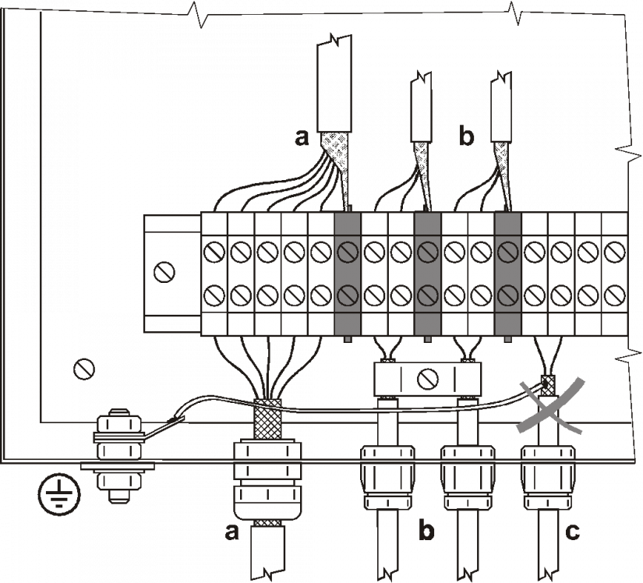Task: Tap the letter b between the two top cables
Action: [x=466, y=138]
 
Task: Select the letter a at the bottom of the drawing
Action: [x=231, y=532]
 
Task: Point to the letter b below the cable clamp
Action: [x=426, y=532]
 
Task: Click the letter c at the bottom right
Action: [x=572, y=532]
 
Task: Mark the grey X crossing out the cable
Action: [x=553, y=405]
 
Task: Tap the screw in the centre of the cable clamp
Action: [x=426, y=380]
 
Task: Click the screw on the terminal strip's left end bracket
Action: [x=165, y=272]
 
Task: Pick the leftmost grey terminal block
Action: [x=348, y=274]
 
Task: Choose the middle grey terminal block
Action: [x=427, y=274]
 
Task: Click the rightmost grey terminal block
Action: [x=507, y=274]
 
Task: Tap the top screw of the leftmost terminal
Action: [x=214, y=253]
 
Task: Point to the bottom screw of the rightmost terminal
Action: [x=614, y=295]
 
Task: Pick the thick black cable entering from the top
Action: [x=335, y=86]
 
